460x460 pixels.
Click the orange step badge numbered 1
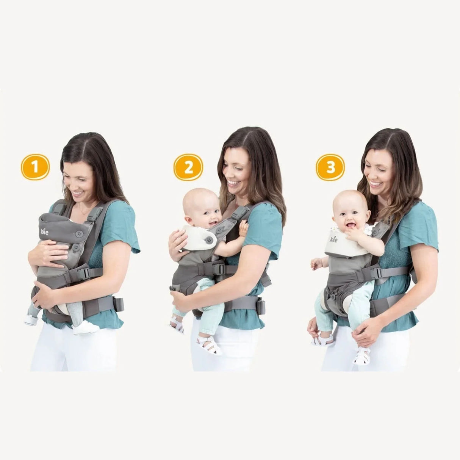pos(35,167)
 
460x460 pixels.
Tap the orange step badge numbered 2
pos(188,167)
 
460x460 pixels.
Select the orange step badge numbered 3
pos(330,167)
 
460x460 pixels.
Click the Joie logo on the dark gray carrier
pos(44,231)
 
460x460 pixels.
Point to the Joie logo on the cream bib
pos(333,239)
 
